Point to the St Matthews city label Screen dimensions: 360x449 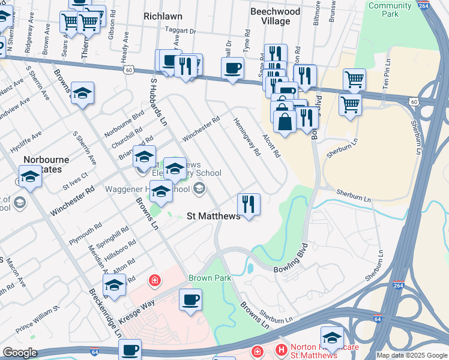point(213,216)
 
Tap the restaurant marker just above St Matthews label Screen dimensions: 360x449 point(249,205)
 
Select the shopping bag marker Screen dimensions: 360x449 point(285,121)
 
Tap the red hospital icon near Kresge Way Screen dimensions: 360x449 point(154,280)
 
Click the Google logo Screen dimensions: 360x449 point(20,352)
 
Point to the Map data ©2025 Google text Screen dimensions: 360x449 point(412,355)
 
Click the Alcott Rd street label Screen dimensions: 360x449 point(271,143)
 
